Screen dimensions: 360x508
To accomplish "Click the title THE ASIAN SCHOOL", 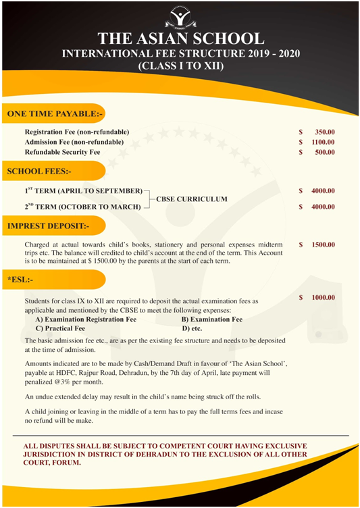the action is click(x=180, y=37).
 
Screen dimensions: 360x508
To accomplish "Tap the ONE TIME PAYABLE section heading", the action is click(x=54, y=113).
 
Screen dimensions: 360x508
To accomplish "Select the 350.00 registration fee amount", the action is click(x=323, y=132).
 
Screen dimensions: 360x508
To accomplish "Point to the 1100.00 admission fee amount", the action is click(x=323, y=142).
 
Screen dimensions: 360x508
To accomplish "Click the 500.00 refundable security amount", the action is click(x=324, y=152).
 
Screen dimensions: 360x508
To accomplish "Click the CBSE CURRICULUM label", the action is click(x=192, y=200).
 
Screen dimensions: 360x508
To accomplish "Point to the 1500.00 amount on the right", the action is click(x=323, y=244).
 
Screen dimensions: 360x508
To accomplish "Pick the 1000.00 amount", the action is click(x=323, y=297).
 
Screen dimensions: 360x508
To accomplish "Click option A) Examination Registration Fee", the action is click(x=86, y=319).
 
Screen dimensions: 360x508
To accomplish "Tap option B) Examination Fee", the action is click(x=212, y=319).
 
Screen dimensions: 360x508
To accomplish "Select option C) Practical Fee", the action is click(x=60, y=328).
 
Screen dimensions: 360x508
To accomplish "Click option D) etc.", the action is click(x=192, y=328).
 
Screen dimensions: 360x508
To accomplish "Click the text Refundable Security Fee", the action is click(x=62, y=152).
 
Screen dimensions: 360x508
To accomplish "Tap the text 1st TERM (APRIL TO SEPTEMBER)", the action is click(x=83, y=191).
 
